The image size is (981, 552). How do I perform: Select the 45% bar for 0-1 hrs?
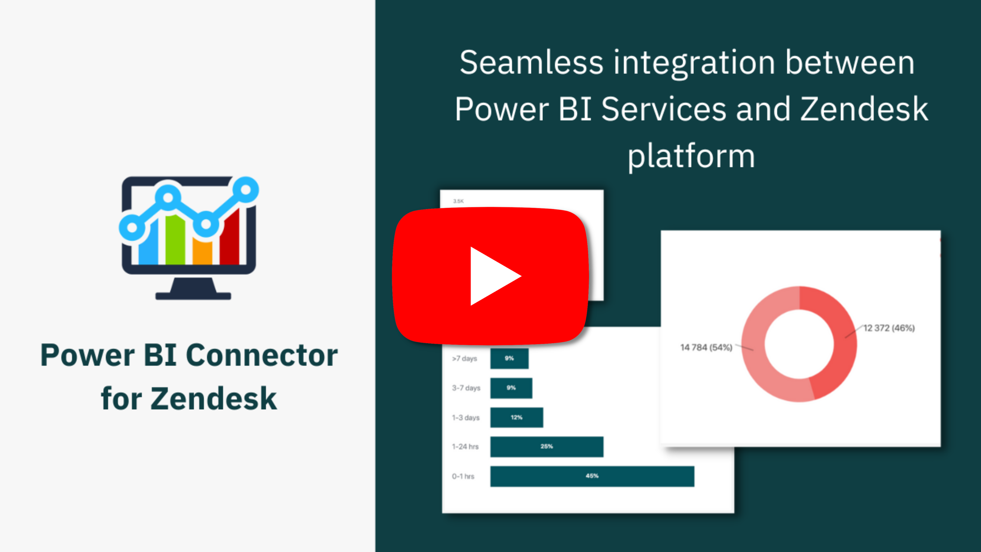(x=592, y=476)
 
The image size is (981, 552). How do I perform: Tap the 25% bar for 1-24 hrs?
(x=546, y=446)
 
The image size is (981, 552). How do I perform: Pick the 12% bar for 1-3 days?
(x=516, y=418)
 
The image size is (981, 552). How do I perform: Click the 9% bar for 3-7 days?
(x=511, y=388)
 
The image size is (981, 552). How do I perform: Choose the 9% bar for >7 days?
(x=509, y=359)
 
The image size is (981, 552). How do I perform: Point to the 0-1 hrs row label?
(x=463, y=476)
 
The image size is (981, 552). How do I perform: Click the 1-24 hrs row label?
(x=465, y=446)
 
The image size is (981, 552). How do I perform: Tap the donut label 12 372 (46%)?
(x=889, y=328)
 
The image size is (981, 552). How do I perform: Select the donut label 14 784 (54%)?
(x=706, y=348)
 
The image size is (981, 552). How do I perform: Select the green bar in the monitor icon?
(x=175, y=240)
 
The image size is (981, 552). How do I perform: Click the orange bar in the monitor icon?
(x=202, y=251)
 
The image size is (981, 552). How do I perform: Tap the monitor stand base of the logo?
(x=193, y=296)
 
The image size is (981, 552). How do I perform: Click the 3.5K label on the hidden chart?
(x=459, y=201)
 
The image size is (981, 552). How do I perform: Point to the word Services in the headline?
(x=664, y=109)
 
